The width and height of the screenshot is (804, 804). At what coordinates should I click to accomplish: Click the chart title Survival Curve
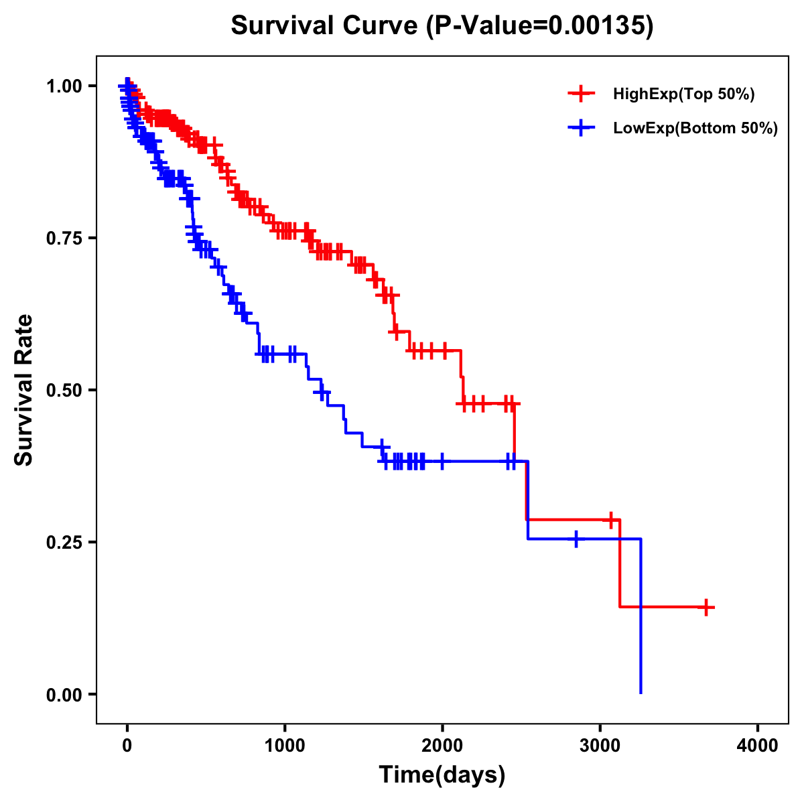(x=325, y=25)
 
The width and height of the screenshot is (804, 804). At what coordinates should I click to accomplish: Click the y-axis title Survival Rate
(x=24, y=389)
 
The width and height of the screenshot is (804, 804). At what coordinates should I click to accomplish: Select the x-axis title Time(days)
(x=442, y=775)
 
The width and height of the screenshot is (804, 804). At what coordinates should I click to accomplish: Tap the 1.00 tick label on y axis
(x=64, y=86)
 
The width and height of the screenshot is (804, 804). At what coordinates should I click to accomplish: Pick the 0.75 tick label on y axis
(x=64, y=239)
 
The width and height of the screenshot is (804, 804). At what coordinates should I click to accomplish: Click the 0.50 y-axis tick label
(x=64, y=391)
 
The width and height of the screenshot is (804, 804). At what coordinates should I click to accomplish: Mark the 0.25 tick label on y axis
(x=64, y=543)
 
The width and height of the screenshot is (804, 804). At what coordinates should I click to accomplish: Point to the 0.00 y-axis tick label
(x=64, y=695)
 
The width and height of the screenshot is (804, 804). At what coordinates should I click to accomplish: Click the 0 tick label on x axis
(x=127, y=745)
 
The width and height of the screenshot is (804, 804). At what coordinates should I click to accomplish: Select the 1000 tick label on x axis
(x=285, y=745)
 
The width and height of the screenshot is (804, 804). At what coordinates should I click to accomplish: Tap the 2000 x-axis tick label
(x=442, y=745)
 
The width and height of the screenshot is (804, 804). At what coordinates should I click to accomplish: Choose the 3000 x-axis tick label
(x=600, y=745)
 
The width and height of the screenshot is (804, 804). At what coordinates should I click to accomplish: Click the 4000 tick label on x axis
(x=758, y=745)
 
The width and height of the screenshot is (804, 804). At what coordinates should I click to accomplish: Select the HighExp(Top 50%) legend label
(x=684, y=94)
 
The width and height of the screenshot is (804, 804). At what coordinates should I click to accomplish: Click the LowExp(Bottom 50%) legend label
(x=695, y=129)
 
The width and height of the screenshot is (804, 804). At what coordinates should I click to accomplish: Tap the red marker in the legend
(x=581, y=94)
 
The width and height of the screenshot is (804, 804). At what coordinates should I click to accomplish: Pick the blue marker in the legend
(x=581, y=128)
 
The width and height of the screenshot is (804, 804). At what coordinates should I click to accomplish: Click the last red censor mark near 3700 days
(x=706, y=607)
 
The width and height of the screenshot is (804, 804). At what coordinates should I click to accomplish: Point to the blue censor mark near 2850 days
(x=576, y=539)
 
